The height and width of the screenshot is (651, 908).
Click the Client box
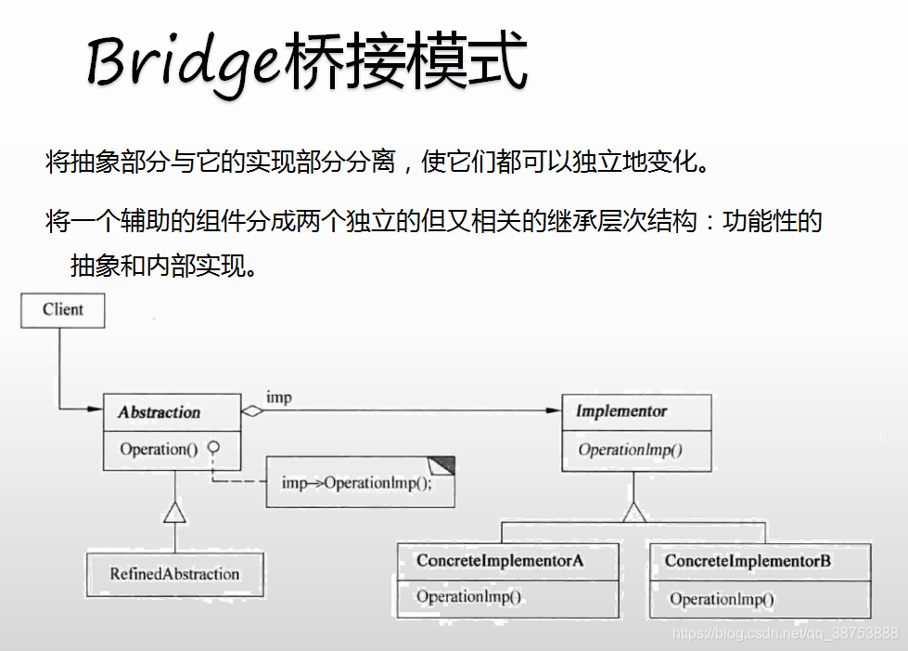pyautogui.click(x=63, y=310)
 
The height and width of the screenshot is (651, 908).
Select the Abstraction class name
pyautogui.click(x=160, y=412)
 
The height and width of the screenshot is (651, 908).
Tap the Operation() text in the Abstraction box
pyautogui.click(x=159, y=449)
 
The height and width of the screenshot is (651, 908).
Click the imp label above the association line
pyautogui.click(x=279, y=397)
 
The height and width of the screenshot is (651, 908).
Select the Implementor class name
pyautogui.click(x=621, y=411)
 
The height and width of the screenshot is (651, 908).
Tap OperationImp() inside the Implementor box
pyautogui.click(x=631, y=450)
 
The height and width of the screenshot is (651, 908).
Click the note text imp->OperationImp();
pyautogui.click(x=357, y=483)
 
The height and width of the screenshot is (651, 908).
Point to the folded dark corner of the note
pyautogui.click(x=442, y=464)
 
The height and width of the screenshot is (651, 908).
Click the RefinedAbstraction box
pyautogui.click(x=174, y=574)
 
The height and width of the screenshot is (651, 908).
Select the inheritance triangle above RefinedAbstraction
pyautogui.click(x=174, y=513)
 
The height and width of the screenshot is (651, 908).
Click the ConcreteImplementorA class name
pyautogui.click(x=500, y=561)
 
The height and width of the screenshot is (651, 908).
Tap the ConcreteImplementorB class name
pyautogui.click(x=748, y=562)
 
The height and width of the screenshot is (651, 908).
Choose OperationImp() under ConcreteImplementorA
pyautogui.click(x=468, y=597)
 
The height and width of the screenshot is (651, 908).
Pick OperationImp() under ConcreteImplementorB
pyautogui.click(x=722, y=599)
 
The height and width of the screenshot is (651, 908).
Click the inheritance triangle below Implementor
pyautogui.click(x=634, y=512)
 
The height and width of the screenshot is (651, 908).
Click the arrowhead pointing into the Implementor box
pyautogui.click(x=555, y=410)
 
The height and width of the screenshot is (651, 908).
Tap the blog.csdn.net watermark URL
pyautogui.click(x=785, y=633)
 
